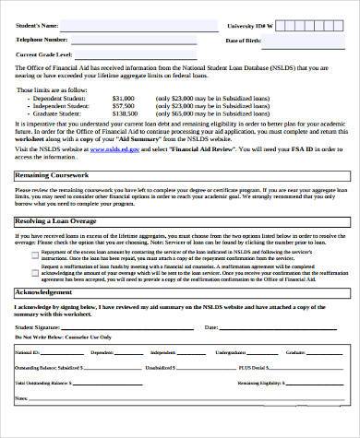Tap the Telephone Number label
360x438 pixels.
click(42, 41)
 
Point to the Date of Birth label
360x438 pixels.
click(246, 41)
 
